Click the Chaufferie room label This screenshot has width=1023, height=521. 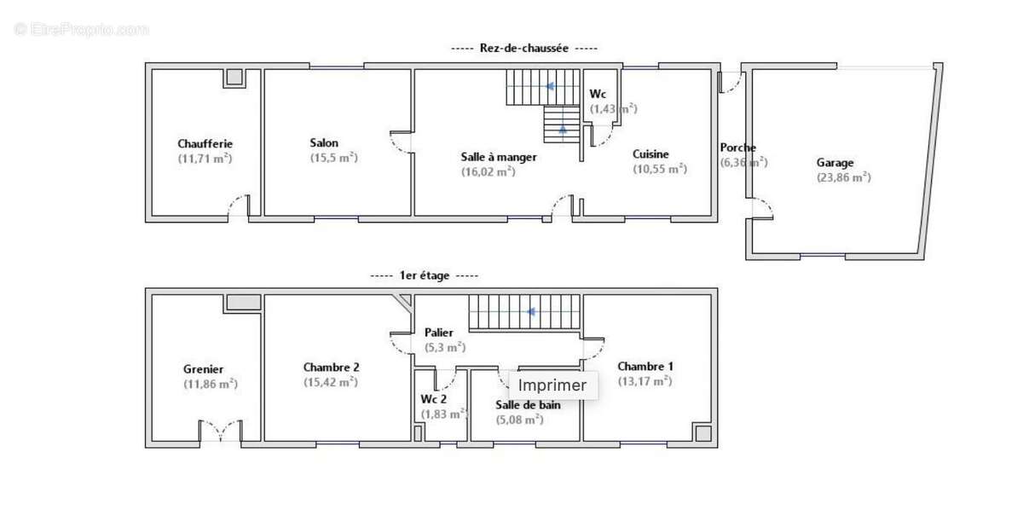(x=205, y=144)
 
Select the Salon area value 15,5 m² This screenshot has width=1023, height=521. (x=333, y=158)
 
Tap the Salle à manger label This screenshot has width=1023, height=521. (x=499, y=157)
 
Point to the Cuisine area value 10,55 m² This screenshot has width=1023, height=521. (x=659, y=169)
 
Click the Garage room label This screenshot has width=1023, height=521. (x=835, y=163)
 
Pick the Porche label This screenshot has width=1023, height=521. (x=737, y=148)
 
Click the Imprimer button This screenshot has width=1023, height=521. (x=552, y=385)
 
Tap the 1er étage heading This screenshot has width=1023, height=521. (x=425, y=275)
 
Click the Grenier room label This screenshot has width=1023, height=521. (x=204, y=369)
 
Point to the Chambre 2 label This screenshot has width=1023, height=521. (x=331, y=368)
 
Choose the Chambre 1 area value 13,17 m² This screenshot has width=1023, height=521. (x=644, y=381)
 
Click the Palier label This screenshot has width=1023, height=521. (x=439, y=333)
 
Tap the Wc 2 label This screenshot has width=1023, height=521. (x=434, y=399)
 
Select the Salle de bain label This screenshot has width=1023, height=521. (x=528, y=405)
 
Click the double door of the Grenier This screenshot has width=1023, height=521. (x=221, y=431)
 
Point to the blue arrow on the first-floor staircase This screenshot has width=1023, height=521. (x=531, y=312)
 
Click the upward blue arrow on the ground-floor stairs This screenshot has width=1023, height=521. (x=563, y=130)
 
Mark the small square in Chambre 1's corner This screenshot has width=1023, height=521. (x=702, y=433)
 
